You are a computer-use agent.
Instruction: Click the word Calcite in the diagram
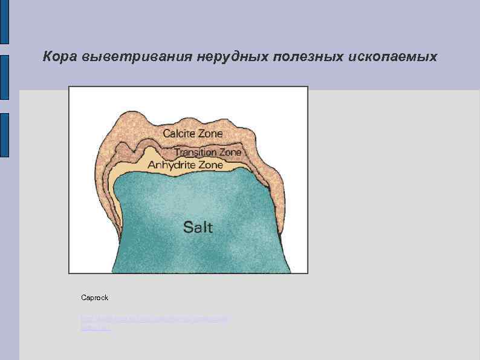(x=179, y=133)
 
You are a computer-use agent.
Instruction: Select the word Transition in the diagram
(x=195, y=152)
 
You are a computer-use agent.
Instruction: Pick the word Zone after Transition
(x=229, y=152)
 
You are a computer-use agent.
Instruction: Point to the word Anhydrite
(x=170, y=165)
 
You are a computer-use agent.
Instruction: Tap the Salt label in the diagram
(x=198, y=227)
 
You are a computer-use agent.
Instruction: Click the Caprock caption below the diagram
(x=94, y=298)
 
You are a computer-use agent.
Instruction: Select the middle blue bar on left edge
(x=4, y=77)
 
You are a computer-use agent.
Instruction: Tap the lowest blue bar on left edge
(x=4, y=135)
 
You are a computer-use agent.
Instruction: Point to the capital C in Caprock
(x=83, y=298)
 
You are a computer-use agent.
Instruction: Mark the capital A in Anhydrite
(x=152, y=165)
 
